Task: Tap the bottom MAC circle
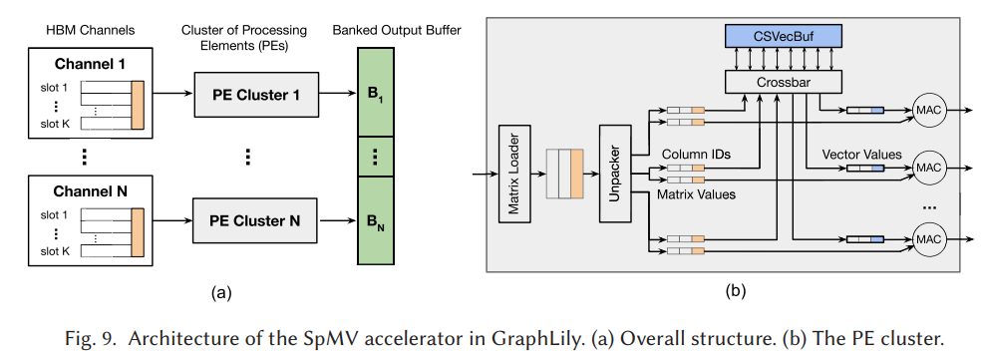pyautogui.click(x=927, y=239)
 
